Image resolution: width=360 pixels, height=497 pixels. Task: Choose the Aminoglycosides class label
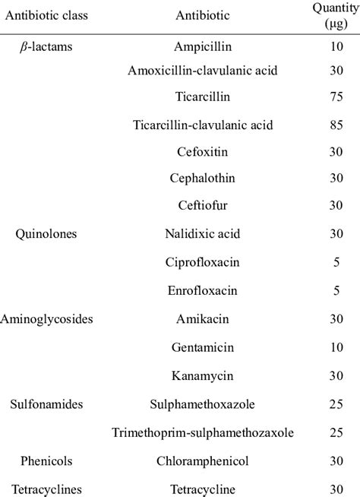[x=49, y=319]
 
